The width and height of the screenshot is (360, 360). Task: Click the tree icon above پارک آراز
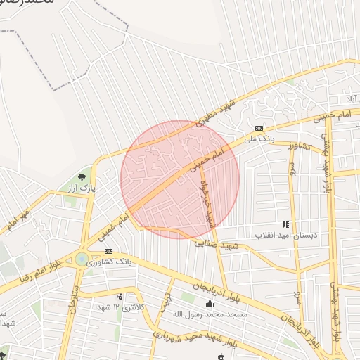(x=83, y=177)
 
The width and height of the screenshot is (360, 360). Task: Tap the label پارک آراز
(x=82, y=189)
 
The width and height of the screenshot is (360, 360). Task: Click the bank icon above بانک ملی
(x=259, y=128)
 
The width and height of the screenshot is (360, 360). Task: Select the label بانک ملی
(x=259, y=139)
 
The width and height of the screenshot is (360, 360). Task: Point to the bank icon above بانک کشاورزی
(x=108, y=251)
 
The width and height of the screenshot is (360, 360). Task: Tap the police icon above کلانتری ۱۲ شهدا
(x=120, y=297)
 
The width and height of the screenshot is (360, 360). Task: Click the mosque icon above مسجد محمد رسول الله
(x=210, y=304)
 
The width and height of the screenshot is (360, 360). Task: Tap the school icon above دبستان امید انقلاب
(x=285, y=224)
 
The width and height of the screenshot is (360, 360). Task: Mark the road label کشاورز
(x=300, y=146)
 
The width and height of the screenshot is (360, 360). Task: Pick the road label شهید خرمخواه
(x=205, y=203)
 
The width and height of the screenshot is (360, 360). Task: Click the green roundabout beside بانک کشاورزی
(x=82, y=259)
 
